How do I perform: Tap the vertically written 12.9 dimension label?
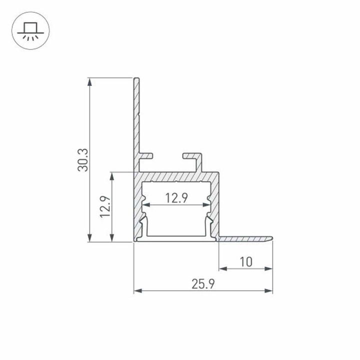point(104,206)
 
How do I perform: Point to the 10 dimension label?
point(245,261)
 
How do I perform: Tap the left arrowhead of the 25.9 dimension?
point(137,290)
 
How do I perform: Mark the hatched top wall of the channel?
point(177,177)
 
